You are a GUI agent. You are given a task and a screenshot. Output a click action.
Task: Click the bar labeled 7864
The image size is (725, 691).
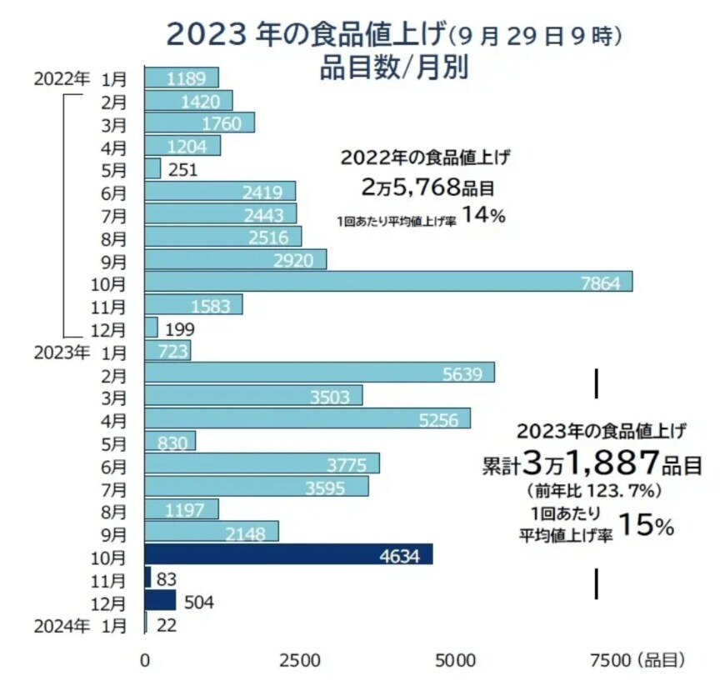pos(388,282)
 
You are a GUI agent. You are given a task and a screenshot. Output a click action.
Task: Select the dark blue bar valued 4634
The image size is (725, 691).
pos(288,554)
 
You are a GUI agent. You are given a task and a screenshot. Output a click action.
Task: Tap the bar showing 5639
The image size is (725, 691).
pos(319,373)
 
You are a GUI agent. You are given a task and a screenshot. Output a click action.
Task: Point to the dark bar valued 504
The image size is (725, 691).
pos(160,600)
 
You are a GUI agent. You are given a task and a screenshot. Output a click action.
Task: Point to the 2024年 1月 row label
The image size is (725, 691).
pos(80,623)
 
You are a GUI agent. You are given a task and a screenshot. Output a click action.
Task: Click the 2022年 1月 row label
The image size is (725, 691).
pos(80,78)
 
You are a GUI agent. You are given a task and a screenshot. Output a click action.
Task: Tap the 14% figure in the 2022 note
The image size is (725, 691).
pos(484,216)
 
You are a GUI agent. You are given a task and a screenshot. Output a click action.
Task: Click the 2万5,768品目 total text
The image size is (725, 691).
pos(424,185)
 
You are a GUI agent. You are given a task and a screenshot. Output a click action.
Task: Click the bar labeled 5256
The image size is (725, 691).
pos(307,418)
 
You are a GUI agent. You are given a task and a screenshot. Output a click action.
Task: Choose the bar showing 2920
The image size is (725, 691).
pos(236,259)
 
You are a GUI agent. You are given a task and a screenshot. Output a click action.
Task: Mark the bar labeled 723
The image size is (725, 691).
pos(167,350)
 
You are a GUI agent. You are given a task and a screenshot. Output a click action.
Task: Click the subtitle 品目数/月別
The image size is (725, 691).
pos(393,67)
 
